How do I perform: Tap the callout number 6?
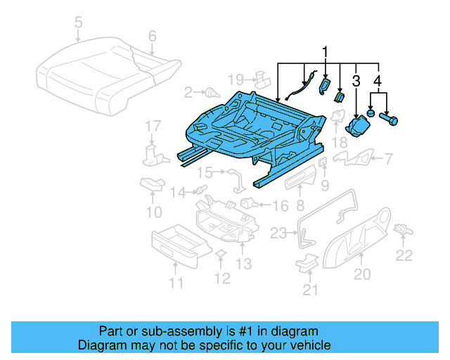tap(151, 35)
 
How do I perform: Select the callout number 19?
tap(236, 78)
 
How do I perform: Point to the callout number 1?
tap(325, 52)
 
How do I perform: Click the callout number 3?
tap(356, 82)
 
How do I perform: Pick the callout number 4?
tap(379, 82)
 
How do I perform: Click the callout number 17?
tap(153, 127)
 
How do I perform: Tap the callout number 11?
tap(176, 283)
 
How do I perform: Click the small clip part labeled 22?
tap(404, 229)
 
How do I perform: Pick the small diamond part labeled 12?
tap(220, 254)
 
